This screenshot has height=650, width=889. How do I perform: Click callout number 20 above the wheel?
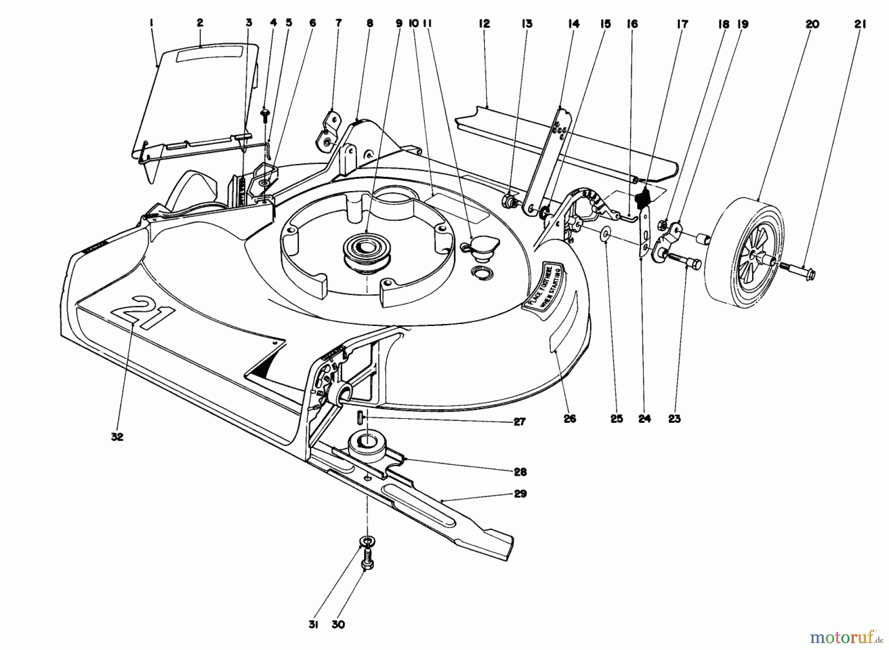812,24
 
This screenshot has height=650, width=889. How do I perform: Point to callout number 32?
117,437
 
